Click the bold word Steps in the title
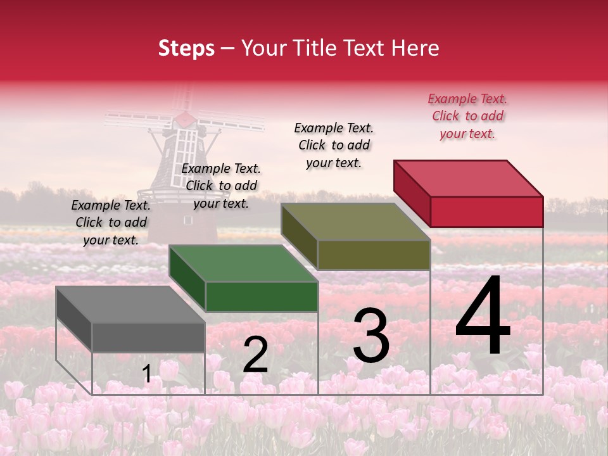[186, 48]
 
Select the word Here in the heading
[415, 48]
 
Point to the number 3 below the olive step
[370, 336]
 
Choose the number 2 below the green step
[255, 355]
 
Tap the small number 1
[147, 374]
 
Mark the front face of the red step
[486, 212]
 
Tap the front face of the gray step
[148, 337]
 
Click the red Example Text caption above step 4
[467, 117]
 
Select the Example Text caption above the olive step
[334, 145]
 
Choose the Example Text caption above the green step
[221, 186]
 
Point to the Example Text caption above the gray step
[111, 222]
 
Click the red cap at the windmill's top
[184, 118]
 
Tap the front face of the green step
[262, 296]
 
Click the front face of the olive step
[374, 255]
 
